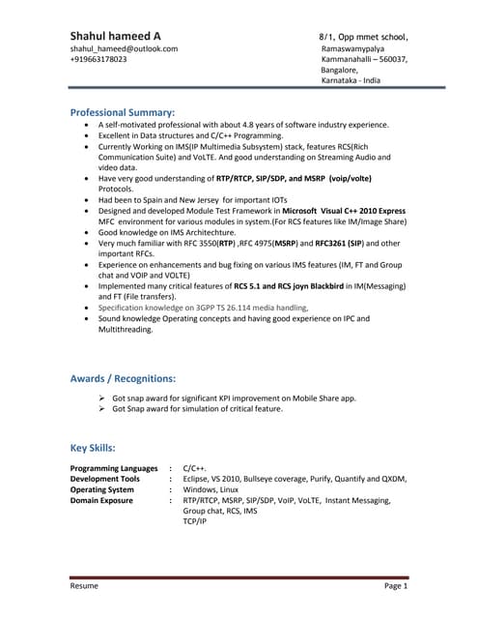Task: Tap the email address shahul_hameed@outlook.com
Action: coord(124,48)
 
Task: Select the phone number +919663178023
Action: coord(98,59)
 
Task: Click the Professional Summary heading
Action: coord(123,111)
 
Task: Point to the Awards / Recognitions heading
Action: coord(124,377)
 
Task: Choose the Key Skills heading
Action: coord(94,448)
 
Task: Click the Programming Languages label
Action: coord(114,468)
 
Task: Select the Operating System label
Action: coord(102,489)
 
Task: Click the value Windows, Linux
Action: coord(213,489)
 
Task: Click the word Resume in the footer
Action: coord(84,586)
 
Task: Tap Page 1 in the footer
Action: coord(396,586)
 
